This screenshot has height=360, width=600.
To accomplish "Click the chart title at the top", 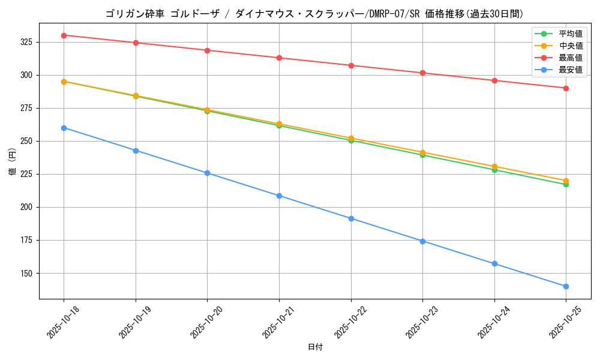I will pyautogui.click(x=314, y=14).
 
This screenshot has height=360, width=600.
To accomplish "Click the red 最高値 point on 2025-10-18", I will pyautogui.click(x=64, y=35).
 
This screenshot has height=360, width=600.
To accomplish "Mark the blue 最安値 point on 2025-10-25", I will pyautogui.click(x=566, y=286).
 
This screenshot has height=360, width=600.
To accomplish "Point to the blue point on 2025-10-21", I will pyautogui.click(x=279, y=196).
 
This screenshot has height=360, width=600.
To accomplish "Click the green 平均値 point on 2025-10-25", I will pyautogui.click(x=566, y=184).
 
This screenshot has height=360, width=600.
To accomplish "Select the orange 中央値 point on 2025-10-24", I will pyautogui.click(x=494, y=166).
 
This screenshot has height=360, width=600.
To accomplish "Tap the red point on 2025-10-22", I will pyautogui.click(x=351, y=65).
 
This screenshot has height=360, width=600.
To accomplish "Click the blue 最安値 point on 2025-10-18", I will pyautogui.click(x=64, y=128).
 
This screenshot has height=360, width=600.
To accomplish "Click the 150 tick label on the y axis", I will pyautogui.click(x=28, y=273).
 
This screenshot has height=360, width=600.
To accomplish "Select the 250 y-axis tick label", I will pyautogui.click(x=28, y=141).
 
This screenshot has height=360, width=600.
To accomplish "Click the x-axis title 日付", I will pyautogui.click(x=315, y=347).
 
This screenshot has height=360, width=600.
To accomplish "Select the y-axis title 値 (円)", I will pyautogui.click(x=12, y=162).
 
